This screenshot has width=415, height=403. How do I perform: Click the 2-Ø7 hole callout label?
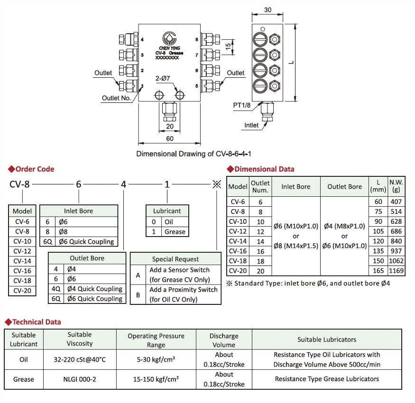click(163, 78)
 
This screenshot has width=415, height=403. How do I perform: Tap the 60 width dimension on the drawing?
click(170, 138)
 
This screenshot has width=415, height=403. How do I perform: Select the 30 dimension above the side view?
click(267, 10)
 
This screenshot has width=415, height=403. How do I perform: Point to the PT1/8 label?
click(241, 105)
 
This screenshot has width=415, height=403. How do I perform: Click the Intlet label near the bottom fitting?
click(251, 125)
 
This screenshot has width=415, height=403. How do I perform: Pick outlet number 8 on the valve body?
click(197, 39)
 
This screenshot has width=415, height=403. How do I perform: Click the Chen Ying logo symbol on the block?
click(169, 38)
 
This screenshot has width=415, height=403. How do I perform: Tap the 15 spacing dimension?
click(228, 47)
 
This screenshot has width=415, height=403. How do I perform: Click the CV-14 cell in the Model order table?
click(22, 261)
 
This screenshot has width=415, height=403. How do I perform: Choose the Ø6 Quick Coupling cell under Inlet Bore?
click(86, 242)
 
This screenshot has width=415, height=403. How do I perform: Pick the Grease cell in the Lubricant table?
click(175, 232)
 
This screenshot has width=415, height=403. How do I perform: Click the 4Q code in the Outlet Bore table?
click(56, 289)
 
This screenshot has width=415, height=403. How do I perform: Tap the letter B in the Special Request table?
click(138, 295)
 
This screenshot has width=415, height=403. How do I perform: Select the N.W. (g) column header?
click(396, 186)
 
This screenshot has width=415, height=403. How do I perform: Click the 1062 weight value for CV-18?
click(396, 261)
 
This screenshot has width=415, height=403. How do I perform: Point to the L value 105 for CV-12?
click(378, 231)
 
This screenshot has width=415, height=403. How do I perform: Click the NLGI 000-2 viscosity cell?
click(80, 379)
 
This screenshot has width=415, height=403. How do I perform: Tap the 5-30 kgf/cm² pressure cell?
click(156, 359)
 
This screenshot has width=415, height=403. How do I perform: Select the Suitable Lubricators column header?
click(327, 339)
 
